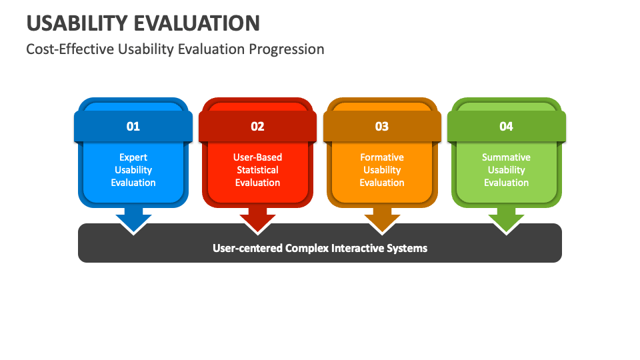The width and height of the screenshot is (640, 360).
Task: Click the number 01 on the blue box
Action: point(133,127)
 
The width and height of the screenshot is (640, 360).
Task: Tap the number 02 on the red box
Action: point(257,127)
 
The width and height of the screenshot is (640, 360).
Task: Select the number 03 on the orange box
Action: point(382,127)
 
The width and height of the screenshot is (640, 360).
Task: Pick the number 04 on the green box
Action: point(506,127)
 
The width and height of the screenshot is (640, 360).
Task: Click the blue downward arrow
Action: point(133,221)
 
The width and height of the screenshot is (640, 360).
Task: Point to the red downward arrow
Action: point(257,221)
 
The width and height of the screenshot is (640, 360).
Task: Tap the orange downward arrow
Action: point(382,221)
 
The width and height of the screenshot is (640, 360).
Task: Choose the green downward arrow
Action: point(506,221)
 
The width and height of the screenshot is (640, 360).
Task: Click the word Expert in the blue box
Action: point(133,157)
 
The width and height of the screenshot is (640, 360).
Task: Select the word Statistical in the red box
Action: point(257,170)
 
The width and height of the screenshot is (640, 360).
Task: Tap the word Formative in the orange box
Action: point(382,157)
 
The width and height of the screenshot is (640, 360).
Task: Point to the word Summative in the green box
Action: point(506,157)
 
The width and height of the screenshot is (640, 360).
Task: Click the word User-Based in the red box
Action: point(257,157)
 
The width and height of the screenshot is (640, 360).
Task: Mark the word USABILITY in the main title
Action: point(77,23)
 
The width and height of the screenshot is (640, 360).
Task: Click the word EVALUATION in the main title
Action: point(197,23)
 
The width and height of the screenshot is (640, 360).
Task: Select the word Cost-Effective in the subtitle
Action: point(70,49)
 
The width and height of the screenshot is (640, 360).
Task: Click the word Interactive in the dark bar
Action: point(357,248)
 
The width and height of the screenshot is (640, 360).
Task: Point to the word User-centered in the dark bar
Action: point(247,248)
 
